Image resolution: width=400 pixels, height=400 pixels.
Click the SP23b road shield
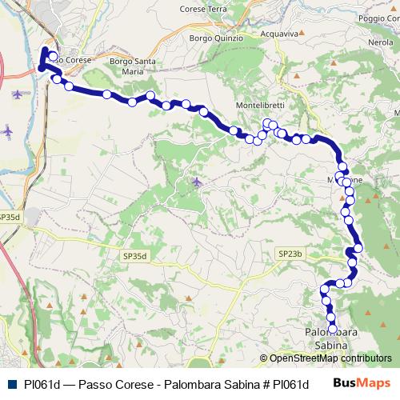point(291,254)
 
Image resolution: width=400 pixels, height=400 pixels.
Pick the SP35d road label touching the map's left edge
point(10,217)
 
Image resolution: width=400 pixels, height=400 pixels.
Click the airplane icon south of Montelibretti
point(197,182)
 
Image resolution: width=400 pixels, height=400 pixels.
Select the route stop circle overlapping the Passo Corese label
point(53,57)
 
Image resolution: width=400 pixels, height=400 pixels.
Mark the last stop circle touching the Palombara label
point(333,326)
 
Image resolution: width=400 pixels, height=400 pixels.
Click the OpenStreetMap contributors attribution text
point(330,358)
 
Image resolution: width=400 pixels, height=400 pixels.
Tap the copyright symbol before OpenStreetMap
point(263,358)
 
